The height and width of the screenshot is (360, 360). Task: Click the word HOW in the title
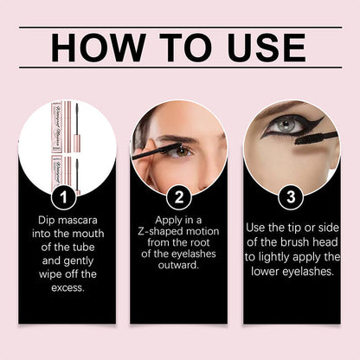(x=97, y=48)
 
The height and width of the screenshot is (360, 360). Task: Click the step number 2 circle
(x=179, y=198)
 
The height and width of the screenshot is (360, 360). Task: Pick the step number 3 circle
(x=292, y=198)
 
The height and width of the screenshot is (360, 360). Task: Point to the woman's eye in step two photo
(x=178, y=150)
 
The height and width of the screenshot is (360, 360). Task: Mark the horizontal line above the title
(x=179, y=27)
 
